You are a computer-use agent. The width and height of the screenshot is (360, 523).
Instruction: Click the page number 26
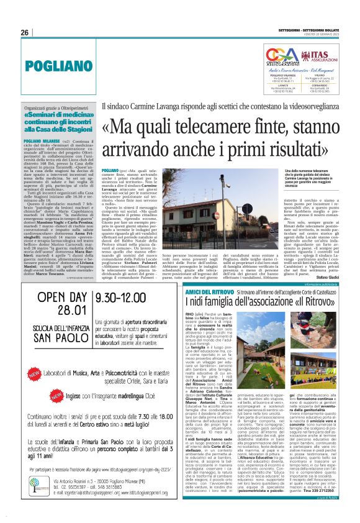[25, 32]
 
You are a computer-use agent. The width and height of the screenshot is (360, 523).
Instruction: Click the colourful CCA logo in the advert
[277, 55]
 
